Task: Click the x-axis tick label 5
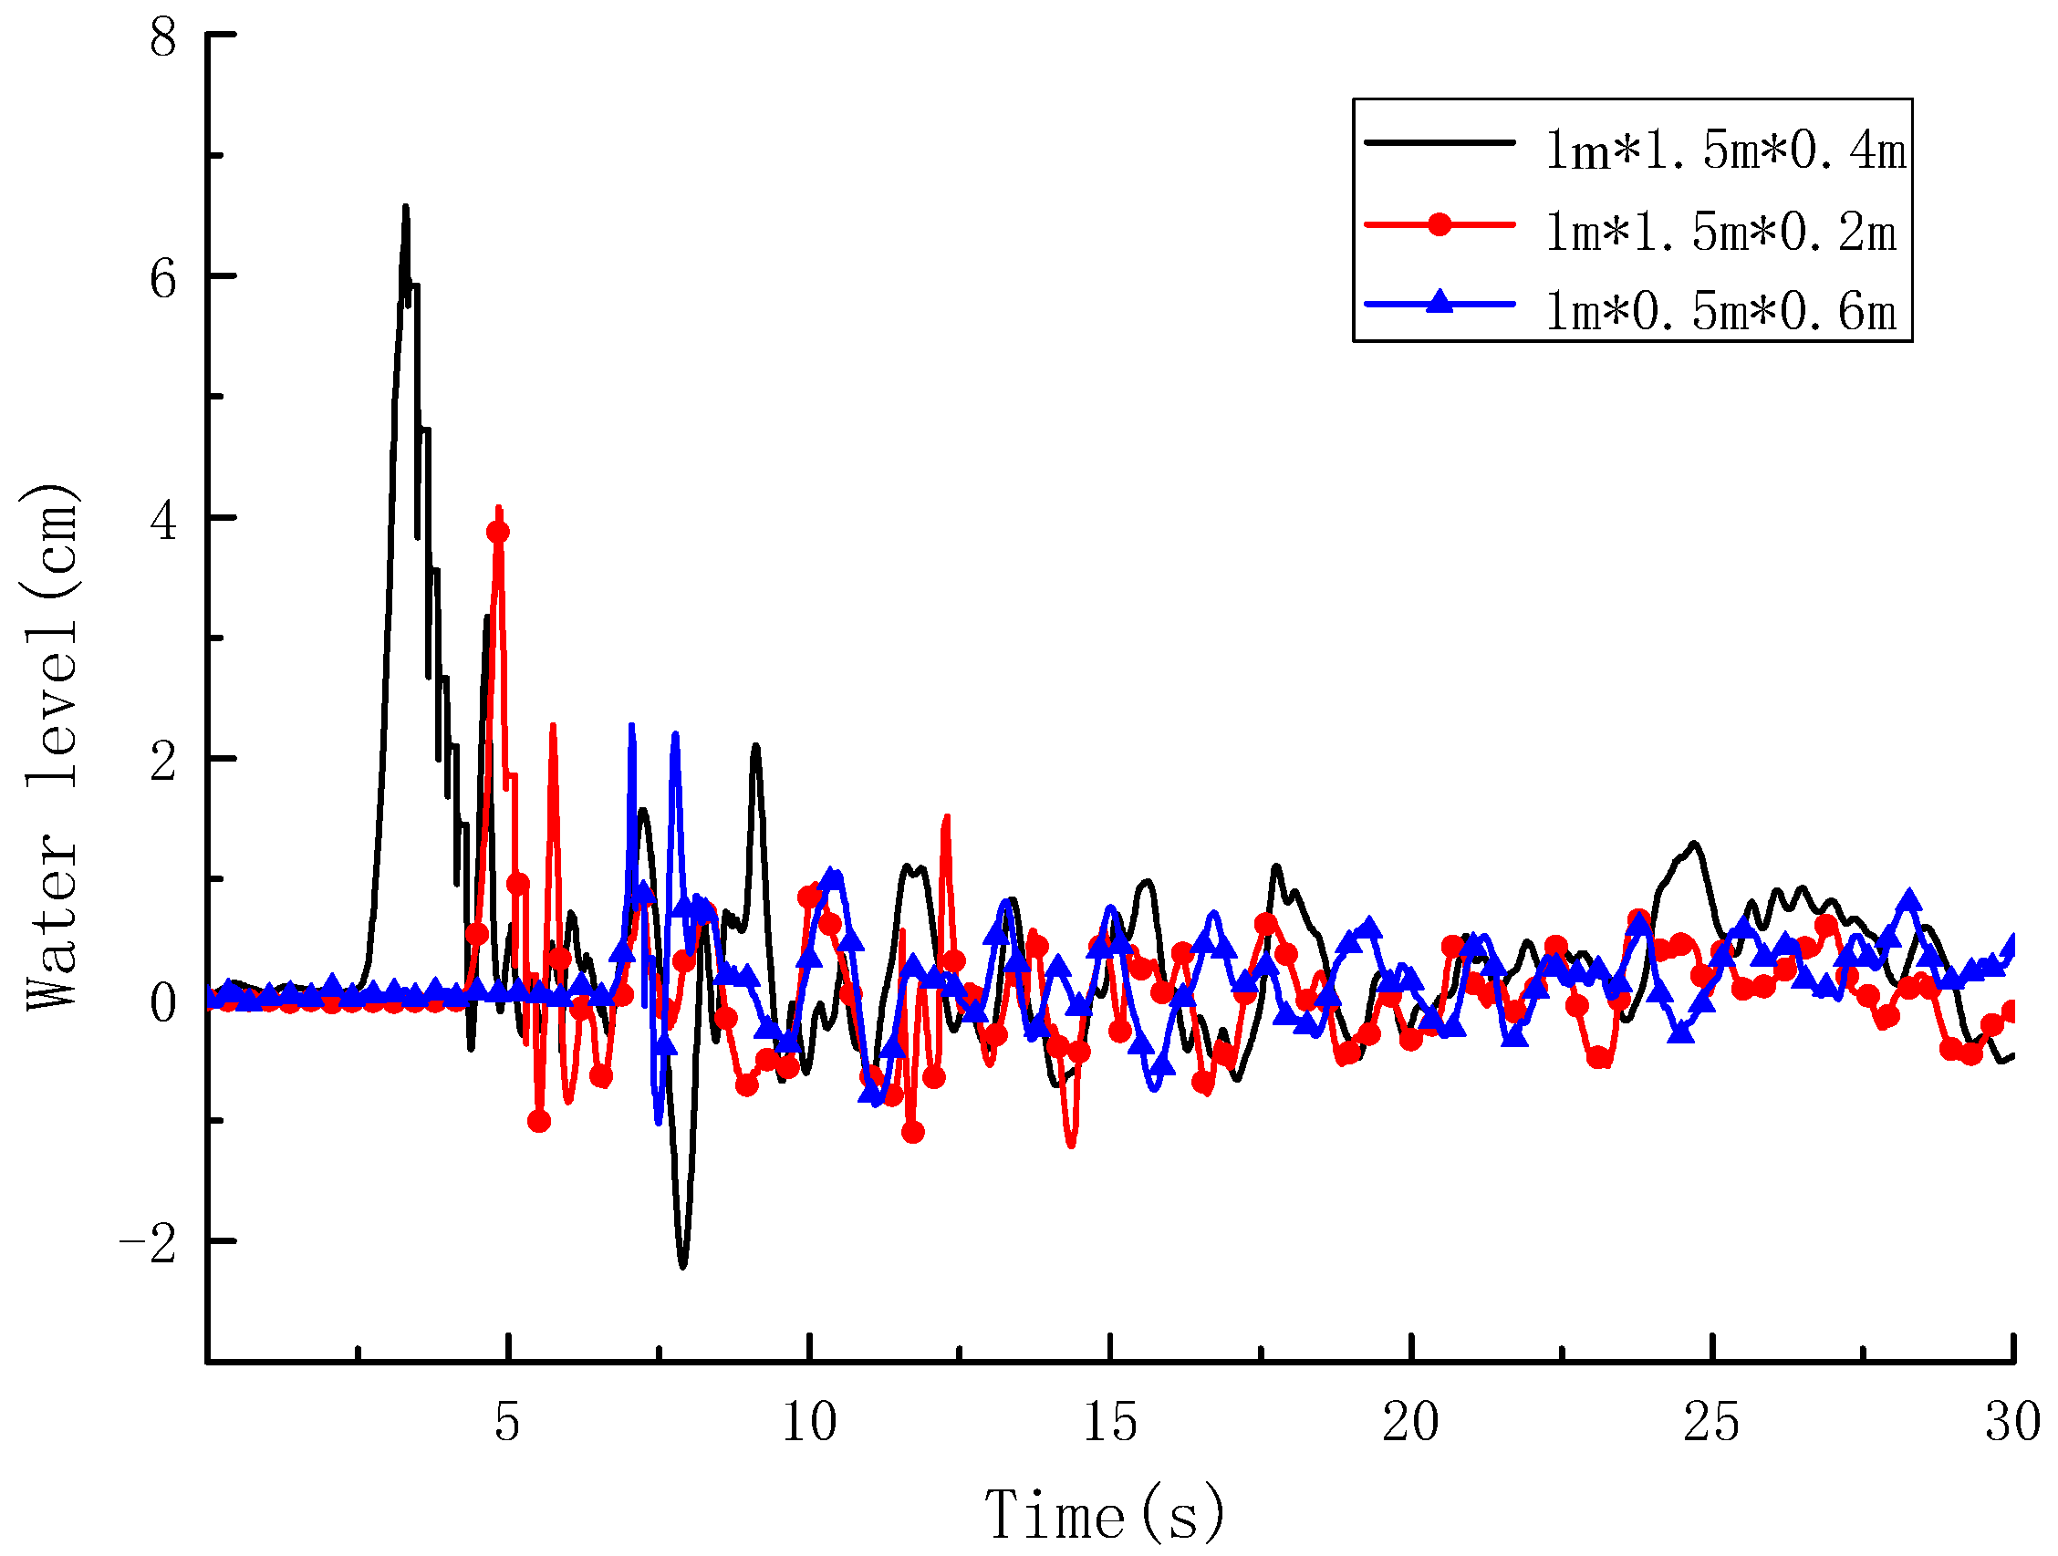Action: point(507,1422)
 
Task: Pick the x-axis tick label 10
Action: point(808,1422)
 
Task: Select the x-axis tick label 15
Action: point(1110,1422)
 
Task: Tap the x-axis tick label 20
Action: point(1410,1422)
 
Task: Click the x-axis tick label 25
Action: point(1711,1422)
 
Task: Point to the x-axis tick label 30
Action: point(2012,1422)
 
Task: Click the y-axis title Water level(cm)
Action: point(51,747)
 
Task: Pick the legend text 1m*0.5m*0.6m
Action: point(1720,310)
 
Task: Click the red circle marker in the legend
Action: point(1440,224)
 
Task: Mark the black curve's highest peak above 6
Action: point(405,207)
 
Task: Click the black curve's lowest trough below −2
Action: point(683,1266)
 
